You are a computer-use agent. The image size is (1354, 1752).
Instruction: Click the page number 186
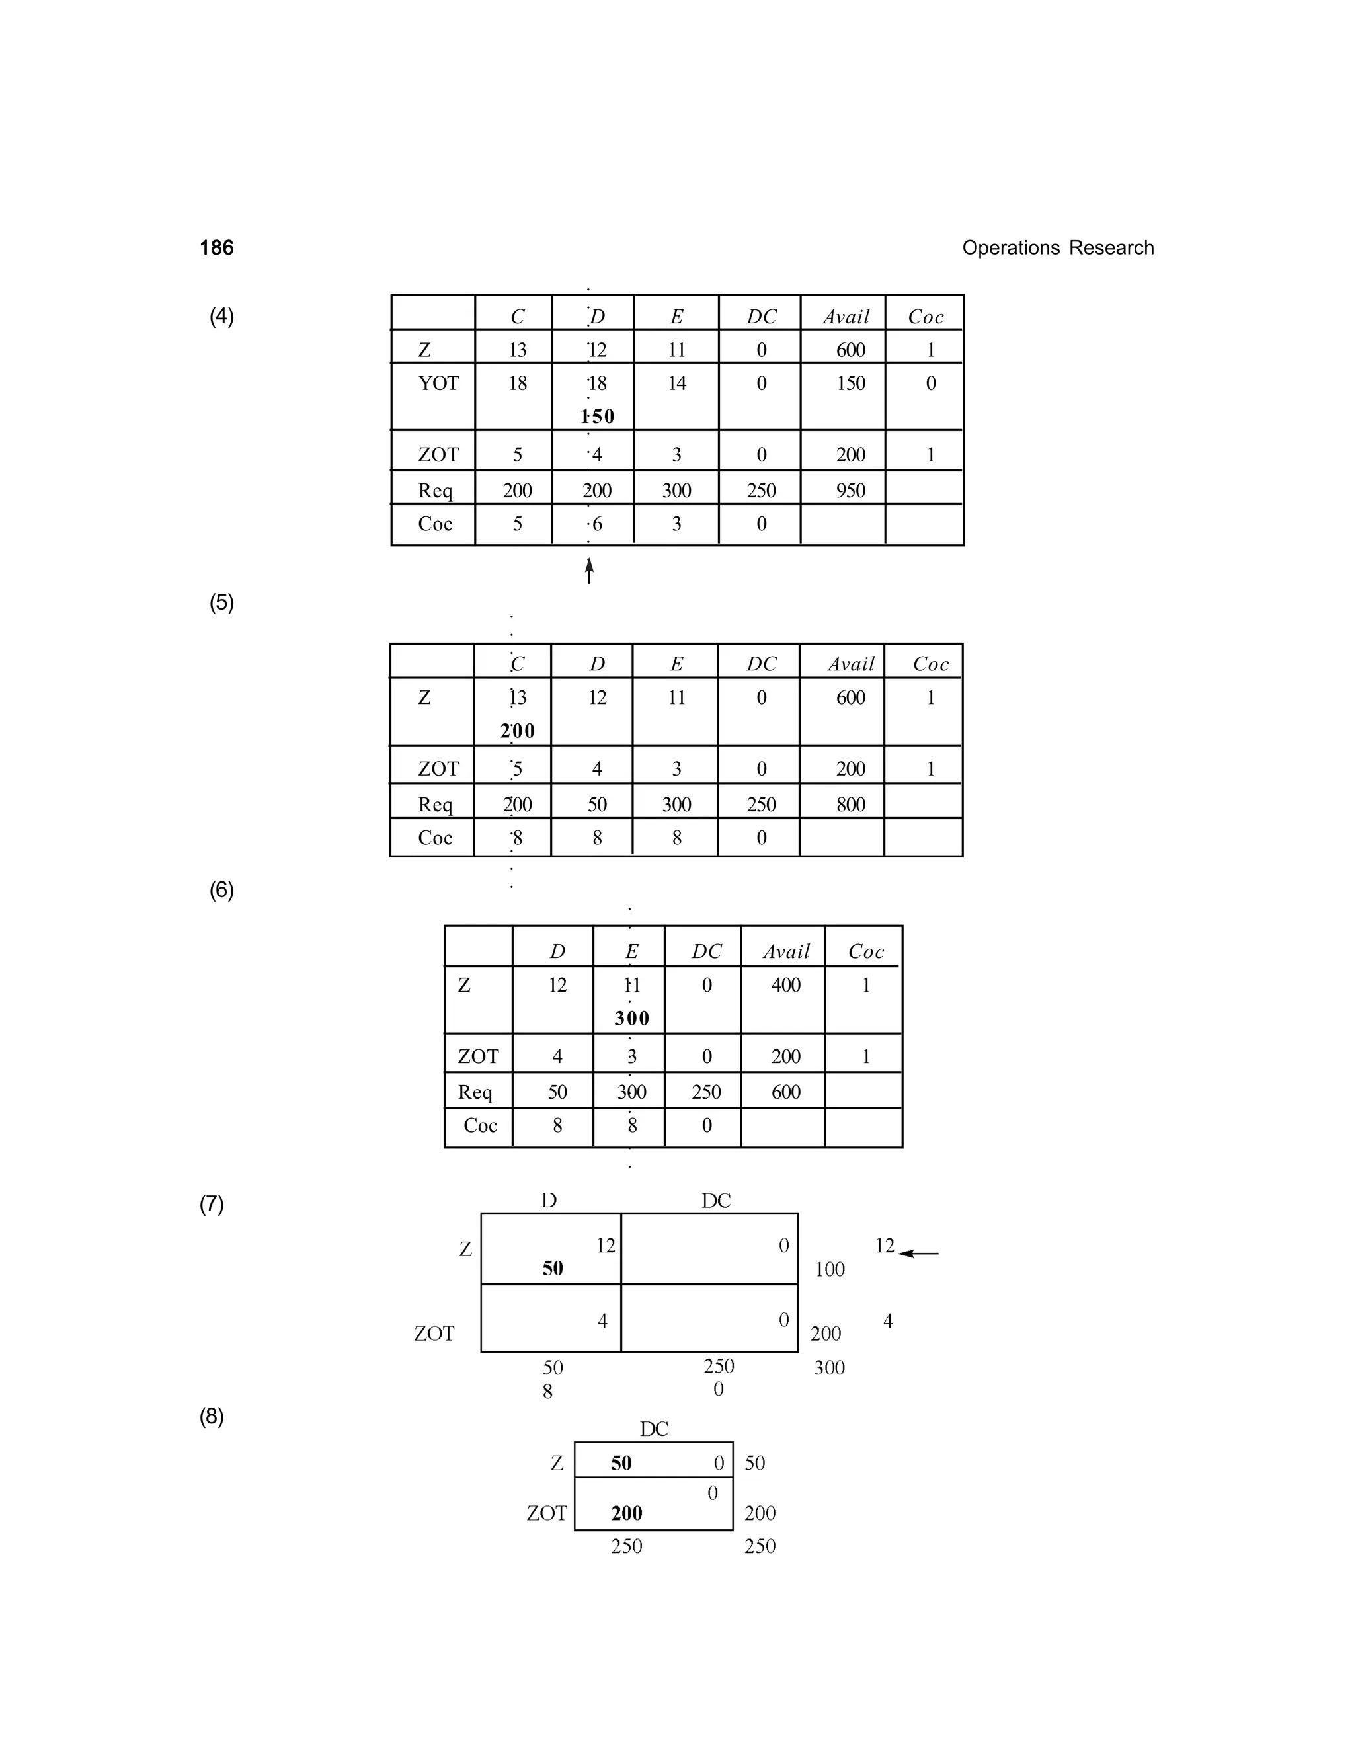(x=217, y=248)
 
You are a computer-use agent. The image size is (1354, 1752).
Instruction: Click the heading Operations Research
(x=1057, y=248)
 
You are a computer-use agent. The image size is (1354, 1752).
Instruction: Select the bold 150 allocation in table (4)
(x=598, y=417)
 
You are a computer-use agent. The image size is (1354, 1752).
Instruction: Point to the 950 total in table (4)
(x=850, y=490)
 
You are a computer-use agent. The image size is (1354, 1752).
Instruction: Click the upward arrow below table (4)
(x=590, y=571)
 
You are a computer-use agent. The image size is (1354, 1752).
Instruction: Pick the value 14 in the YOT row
(x=677, y=383)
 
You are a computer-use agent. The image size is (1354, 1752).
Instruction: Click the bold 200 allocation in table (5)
(x=518, y=731)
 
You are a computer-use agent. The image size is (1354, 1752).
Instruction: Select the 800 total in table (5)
(x=850, y=805)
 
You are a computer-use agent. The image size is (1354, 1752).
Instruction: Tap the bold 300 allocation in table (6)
(x=632, y=1019)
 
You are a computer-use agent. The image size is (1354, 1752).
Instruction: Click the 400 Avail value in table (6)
(x=785, y=985)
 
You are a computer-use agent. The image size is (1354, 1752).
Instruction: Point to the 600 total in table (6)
(x=785, y=1092)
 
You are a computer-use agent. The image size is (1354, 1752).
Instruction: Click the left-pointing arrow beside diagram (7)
(x=918, y=1253)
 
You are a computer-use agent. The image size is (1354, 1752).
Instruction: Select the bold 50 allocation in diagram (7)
(x=553, y=1268)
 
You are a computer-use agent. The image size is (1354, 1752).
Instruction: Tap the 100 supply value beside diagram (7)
(x=830, y=1269)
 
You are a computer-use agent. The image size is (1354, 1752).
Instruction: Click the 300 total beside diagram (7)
(x=830, y=1368)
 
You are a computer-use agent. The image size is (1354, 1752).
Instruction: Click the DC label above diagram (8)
(x=654, y=1429)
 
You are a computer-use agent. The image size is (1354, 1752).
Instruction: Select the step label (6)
(x=221, y=890)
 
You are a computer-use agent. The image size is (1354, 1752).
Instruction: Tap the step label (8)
(x=212, y=1416)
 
